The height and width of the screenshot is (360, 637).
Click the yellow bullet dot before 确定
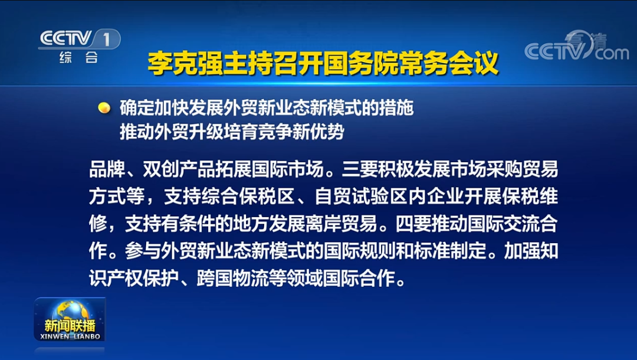point(104,107)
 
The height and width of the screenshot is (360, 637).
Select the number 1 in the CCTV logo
point(107,40)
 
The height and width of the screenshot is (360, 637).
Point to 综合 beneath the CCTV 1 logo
point(79,58)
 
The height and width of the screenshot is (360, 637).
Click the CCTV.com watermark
point(576,47)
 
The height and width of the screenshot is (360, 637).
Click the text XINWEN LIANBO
point(70,336)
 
